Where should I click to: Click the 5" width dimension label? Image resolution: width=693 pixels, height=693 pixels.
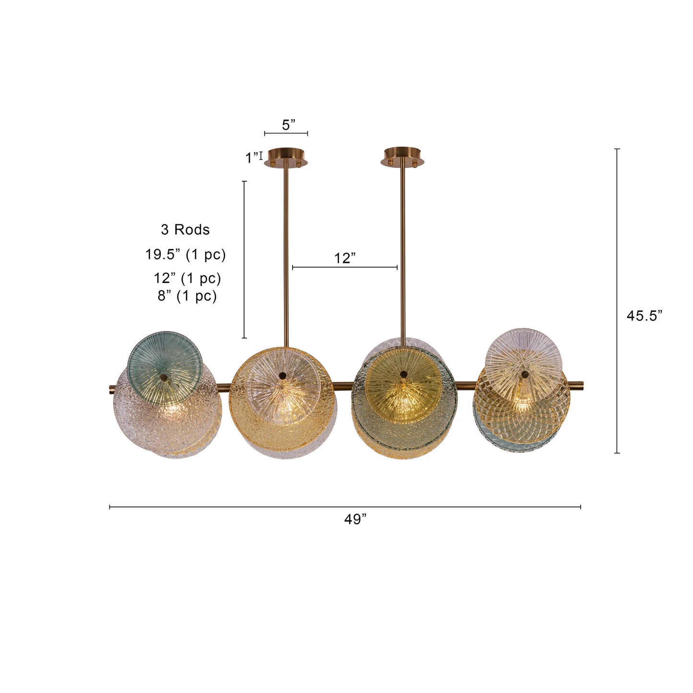click(288, 125)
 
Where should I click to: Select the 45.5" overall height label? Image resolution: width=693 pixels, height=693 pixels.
click(644, 316)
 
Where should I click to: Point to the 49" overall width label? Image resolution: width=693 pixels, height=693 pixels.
click(355, 519)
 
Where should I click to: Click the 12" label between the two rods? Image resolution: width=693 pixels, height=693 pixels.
click(345, 258)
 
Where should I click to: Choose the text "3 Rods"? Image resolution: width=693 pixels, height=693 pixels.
click(185, 230)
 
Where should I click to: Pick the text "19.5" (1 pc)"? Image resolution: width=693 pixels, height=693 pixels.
click(186, 254)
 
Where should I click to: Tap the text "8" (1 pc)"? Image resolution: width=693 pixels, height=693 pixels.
click(187, 296)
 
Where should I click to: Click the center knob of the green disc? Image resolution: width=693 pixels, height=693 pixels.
click(165, 378)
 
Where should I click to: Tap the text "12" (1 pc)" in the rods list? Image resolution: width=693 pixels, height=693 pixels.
click(187, 278)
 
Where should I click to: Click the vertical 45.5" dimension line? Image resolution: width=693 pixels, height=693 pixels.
click(617, 301)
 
